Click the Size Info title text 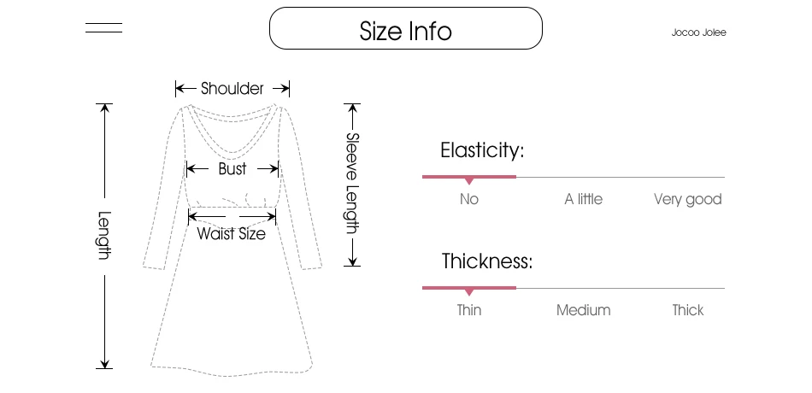405,31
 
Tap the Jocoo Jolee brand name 698,32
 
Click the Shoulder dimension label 232,88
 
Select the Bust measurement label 232,168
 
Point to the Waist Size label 232,233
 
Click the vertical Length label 104,235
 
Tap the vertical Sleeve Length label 351,184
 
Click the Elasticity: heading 481,151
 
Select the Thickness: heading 486,261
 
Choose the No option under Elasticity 468,199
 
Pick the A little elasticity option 583,199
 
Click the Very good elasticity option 687,199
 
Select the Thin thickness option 468,310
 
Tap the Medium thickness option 583,310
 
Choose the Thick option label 687,310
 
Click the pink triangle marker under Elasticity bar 468,181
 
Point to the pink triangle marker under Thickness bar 468,292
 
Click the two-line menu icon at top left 103,28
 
